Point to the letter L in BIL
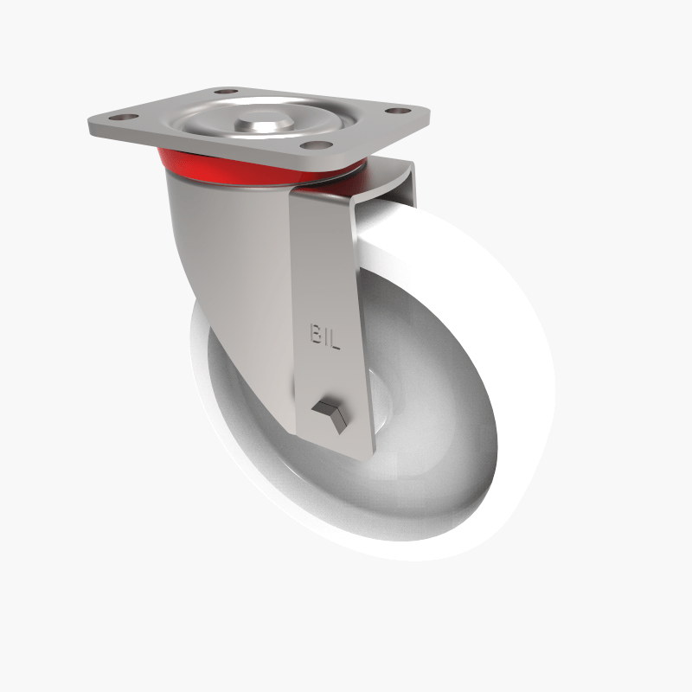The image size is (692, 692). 335,337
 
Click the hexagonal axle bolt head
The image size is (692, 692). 329,413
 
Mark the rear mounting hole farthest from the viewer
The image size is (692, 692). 226,90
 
